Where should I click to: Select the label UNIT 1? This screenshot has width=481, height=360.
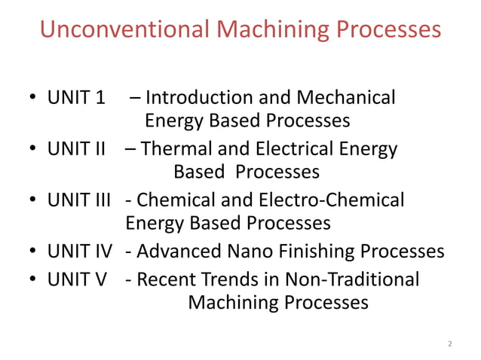[x=76, y=98]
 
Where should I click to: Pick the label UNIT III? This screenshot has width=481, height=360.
[x=79, y=200]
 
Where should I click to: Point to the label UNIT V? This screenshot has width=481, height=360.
[x=77, y=279]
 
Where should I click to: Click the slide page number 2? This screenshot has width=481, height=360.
[x=450, y=344]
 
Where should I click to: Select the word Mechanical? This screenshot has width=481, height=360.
[x=346, y=98]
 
